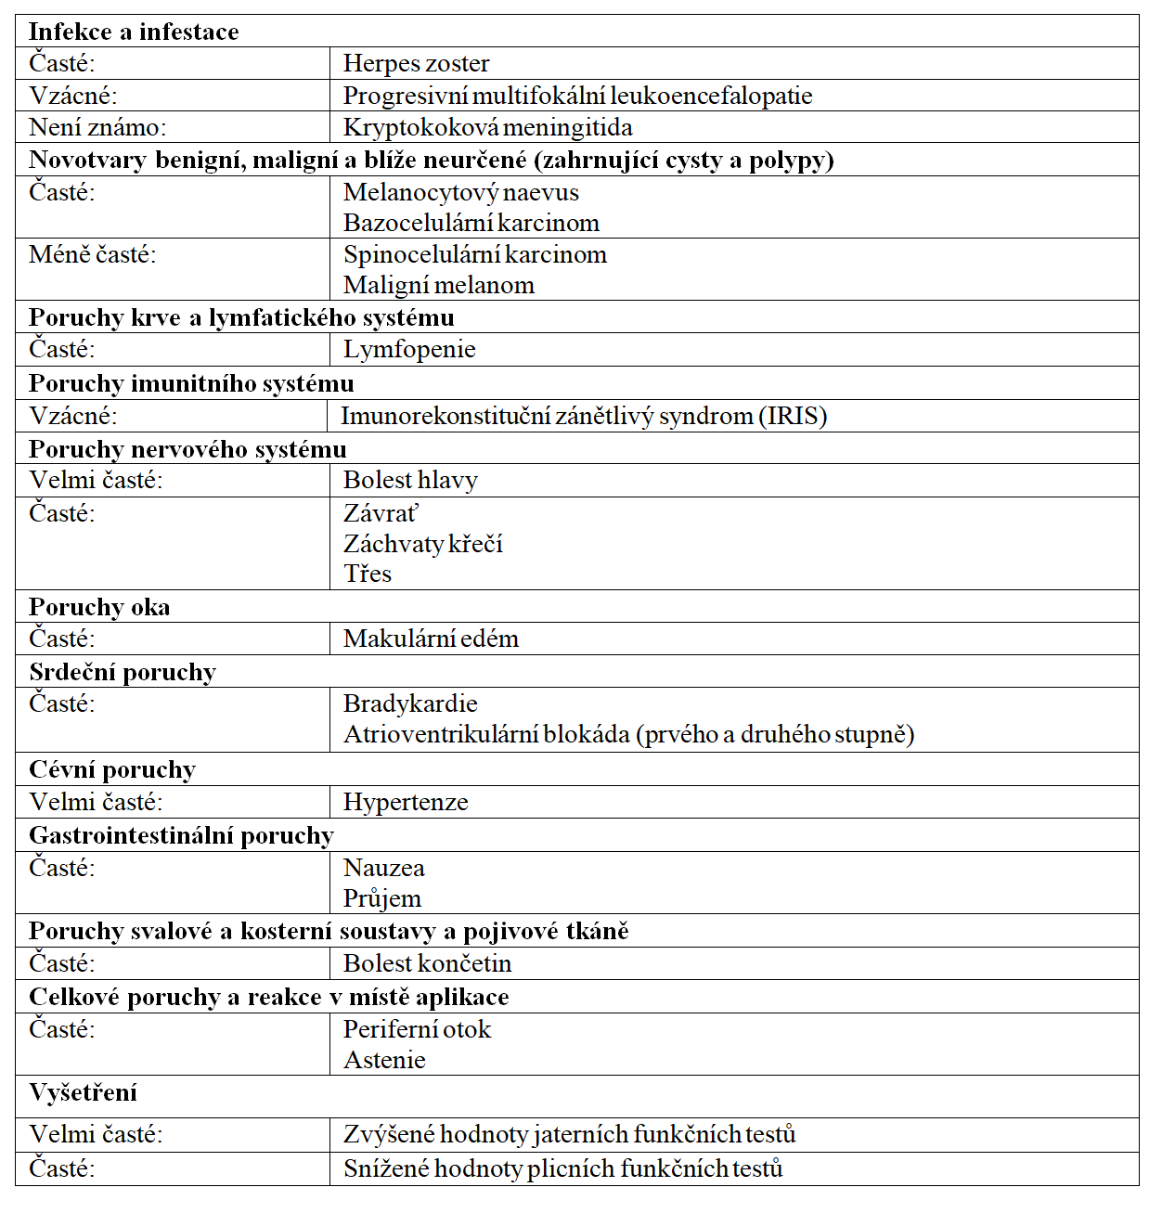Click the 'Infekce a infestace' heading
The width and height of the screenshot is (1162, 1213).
pyautogui.click(x=134, y=32)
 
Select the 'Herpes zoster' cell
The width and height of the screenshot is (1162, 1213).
pyautogui.click(x=416, y=63)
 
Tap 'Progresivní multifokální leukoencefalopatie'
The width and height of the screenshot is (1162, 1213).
pyautogui.click(x=577, y=96)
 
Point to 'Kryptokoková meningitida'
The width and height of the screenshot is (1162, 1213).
pyautogui.click(x=487, y=127)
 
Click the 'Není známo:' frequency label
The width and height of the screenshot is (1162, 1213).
pyautogui.click(x=97, y=127)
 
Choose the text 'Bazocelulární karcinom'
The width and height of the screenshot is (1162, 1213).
pyautogui.click(x=471, y=223)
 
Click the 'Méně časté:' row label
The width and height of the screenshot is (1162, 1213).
pyautogui.click(x=93, y=254)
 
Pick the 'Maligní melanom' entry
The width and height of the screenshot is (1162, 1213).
pyautogui.click(x=438, y=285)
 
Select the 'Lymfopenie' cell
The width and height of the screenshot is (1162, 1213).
pyautogui.click(x=409, y=349)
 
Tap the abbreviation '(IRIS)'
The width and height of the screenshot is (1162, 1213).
pyautogui.click(x=793, y=416)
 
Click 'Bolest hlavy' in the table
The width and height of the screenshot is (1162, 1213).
pyautogui.click(x=410, y=480)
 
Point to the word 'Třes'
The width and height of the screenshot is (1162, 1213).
pyautogui.click(x=368, y=574)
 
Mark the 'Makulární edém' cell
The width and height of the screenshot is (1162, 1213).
pyautogui.click(x=431, y=639)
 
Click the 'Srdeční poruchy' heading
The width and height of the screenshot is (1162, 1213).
pyautogui.click(x=123, y=672)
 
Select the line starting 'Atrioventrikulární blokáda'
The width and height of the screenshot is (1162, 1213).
pyautogui.click(x=628, y=734)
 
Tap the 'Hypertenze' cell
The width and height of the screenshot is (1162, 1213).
pyautogui.click(x=406, y=802)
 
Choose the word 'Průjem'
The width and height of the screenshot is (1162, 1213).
pyautogui.click(x=382, y=898)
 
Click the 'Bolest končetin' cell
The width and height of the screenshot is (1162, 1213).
pyautogui.click(x=427, y=963)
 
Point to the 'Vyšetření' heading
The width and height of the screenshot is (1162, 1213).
pyautogui.click(x=83, y=1092)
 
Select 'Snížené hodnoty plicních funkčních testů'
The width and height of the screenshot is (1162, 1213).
pyautogui.click(x=562, y=1168)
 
